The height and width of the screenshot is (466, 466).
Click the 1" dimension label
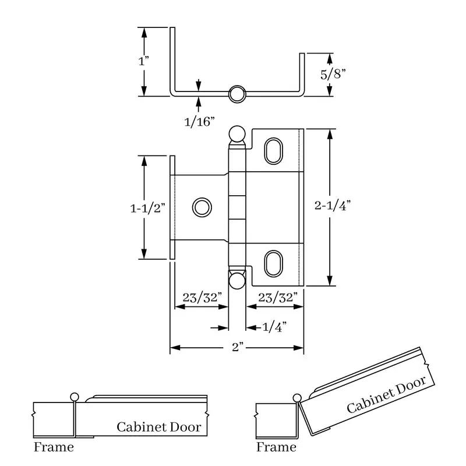click(x=143, y=61)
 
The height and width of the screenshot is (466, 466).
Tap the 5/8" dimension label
click(x=333, y=74)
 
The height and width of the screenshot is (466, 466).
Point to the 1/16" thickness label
click(x=199, y=122)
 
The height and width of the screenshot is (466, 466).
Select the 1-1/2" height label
click(x=148, y=209)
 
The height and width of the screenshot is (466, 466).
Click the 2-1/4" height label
click(x=333, y=206)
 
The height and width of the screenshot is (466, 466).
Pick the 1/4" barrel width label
click(x=274, y=327)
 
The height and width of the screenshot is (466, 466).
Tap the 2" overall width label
click(x=238, y=347)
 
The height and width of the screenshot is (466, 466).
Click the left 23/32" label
click(x=202, y=298)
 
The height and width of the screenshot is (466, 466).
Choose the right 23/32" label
click(x=278, y=298)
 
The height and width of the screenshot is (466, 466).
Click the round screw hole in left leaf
click(x=202, y=207)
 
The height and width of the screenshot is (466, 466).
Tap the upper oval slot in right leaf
click(x=273, y=151)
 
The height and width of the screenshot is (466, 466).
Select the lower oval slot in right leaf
click(x=273, y=264)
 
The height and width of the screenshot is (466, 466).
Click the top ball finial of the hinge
click(x=237, y=135)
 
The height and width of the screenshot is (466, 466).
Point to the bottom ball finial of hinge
click(x=237, y=281)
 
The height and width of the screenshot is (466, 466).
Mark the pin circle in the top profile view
click(x=237, y=94)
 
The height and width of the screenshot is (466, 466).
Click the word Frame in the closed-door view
click(x=54, y=447)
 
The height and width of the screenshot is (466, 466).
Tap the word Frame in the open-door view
click(x=276, y=447)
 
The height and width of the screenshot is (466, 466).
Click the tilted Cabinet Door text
click(x=386, y=394)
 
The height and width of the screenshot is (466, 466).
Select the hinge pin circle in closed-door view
click(x=75, y=397)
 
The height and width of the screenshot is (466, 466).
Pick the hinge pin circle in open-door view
click(x=297, y=398)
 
